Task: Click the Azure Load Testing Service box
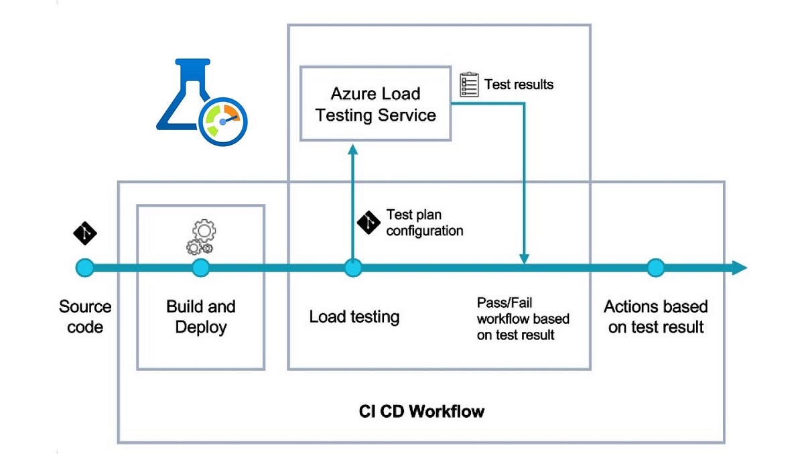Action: click(x=375, y=103)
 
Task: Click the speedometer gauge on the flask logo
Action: click(x=224, y=121)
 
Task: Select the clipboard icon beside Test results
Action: click(x=469, y=85)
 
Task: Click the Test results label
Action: click(x=519, y=84)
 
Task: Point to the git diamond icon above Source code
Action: click(x=85, y=233)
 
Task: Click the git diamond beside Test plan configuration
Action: click(x=369, y=222)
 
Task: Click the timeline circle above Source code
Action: click(x=85, y=268)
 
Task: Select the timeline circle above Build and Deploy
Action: click(x=200, y=268)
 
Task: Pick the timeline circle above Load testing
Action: click(x=353, y=268)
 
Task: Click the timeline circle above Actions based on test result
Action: click(x=655, y=268)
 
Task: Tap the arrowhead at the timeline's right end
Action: click(x=739, y=268)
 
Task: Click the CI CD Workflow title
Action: click(x=421, y=410)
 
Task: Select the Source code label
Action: click(x=85, y=317)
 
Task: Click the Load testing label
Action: click(x=354, y=317)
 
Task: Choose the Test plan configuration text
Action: click(x=424, y=223)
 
